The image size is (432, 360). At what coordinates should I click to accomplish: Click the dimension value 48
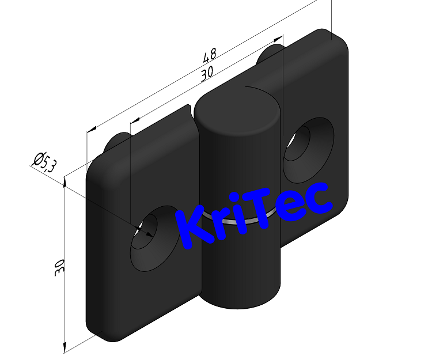point(210,56)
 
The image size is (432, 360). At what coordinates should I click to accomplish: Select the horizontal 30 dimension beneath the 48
point(207,74)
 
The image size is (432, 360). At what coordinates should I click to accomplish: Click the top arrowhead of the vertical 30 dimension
point(65,181)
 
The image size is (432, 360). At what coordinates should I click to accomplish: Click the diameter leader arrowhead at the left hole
point(147,232)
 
